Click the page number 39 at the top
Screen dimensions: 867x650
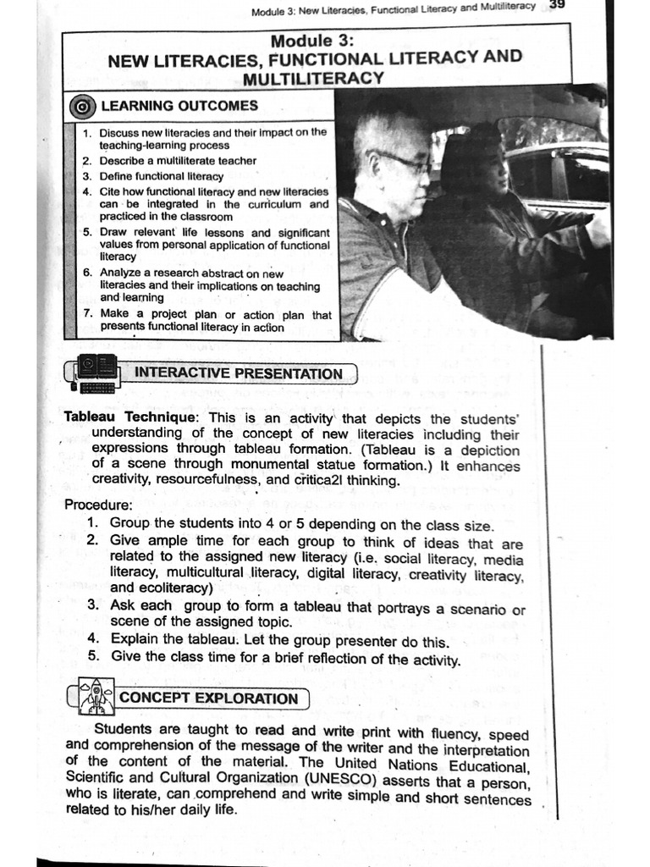coord(556,5)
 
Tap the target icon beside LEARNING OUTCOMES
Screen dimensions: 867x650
coord(81,107)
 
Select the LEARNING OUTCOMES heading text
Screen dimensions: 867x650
coord(179,106)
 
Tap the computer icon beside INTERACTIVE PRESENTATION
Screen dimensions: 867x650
coord(92,374)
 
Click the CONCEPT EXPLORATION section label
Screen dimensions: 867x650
coord(209,699)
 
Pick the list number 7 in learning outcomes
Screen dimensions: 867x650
coord(87,313)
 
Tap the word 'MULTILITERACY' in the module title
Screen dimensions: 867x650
coord(312,78)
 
